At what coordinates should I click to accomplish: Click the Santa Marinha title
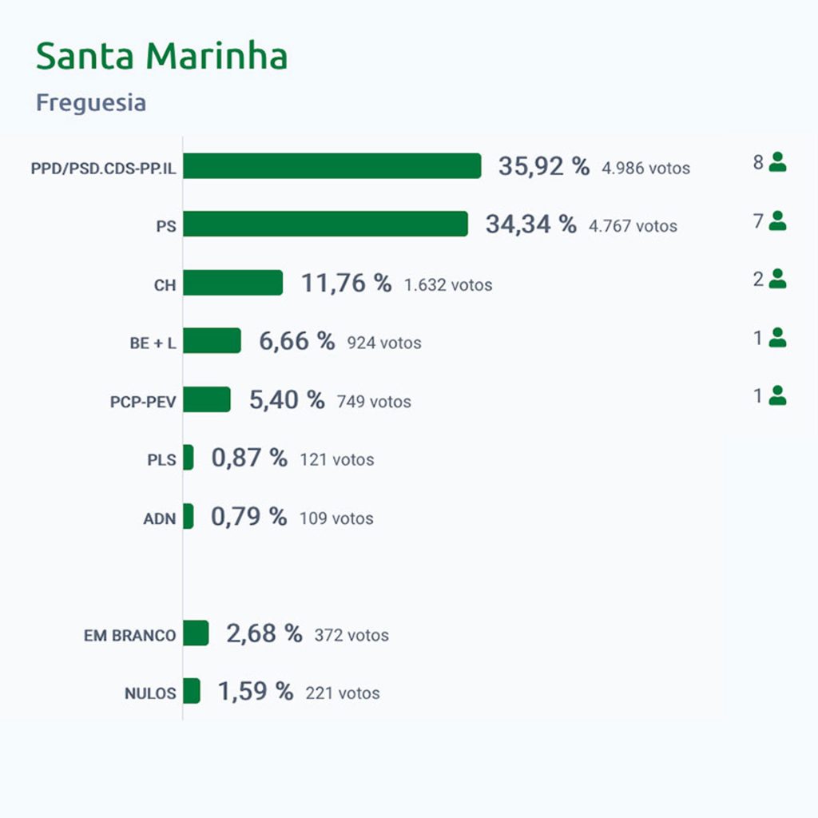click(x=161, y=57)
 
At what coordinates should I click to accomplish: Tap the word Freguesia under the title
click(x=91, y=103)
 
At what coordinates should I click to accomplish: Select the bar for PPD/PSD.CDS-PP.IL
click(x=332, y=166)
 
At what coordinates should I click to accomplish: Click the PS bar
click(x=325, y=224)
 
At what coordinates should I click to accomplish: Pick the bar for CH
click(x=232, y=283)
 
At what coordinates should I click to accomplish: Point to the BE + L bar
click(x=212, y=341)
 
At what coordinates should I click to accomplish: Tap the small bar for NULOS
click(x=192, y=691)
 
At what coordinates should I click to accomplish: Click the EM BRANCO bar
click(x=196, y=633)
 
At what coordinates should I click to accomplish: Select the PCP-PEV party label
click(x=143, y=402)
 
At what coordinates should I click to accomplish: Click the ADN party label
click(x=159, y=518)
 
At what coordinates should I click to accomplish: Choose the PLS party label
click(x=161, y=460)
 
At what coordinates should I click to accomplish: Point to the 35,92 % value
click(x=544, y=166)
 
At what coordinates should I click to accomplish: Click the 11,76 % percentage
click(x=346, y=283)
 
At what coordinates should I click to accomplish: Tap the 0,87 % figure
click(x=249, y=459)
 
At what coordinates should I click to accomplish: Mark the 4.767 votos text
click(x=633, y=226)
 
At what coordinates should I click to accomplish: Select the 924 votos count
click(x=383, y=343)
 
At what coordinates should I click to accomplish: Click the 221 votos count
click(x=342, y=693)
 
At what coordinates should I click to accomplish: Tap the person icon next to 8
click(x=777, y=163)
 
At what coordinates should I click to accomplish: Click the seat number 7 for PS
click(x=758, y=221)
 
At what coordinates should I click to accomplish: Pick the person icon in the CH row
click(x=777, y=280)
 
